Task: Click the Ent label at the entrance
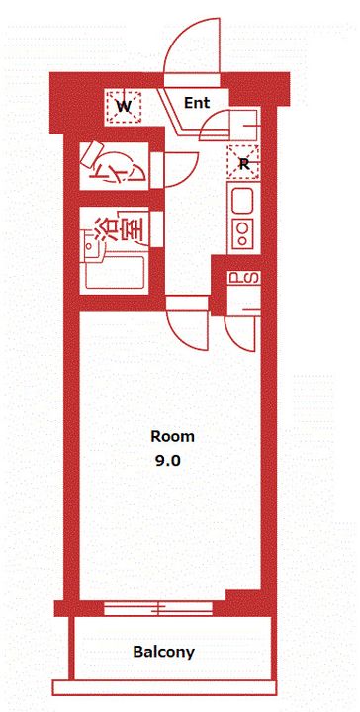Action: point(197,103)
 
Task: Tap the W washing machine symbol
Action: point(124,107)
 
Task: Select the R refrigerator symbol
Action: point(243,162)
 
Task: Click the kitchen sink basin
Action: point(243,200)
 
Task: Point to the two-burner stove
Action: point(243,233)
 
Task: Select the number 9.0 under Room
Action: point(168,461)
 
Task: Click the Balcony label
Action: point(164,652)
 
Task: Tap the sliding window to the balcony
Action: point(158,608)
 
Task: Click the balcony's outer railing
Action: point(164,688)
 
